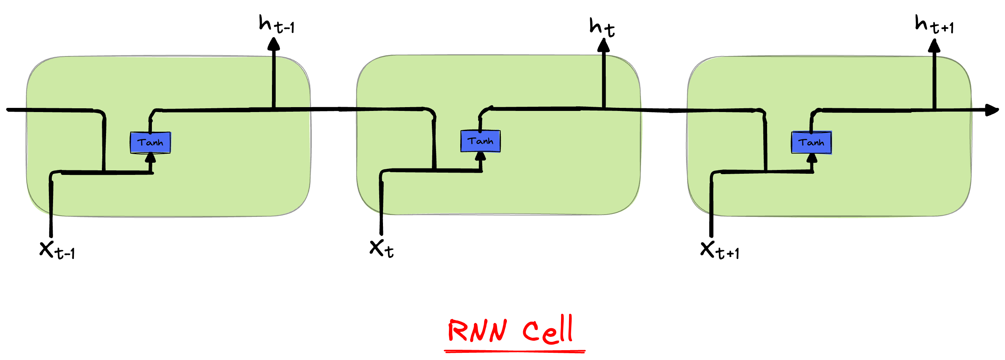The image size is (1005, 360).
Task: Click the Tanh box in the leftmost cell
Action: (150, 142)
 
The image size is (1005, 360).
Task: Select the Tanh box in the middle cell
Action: (480, 141)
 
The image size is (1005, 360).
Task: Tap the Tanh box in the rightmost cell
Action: (811, 142)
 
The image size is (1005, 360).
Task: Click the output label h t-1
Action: (276, 24)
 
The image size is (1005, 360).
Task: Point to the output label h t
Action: (602, 27)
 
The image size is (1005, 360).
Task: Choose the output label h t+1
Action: (934, 25)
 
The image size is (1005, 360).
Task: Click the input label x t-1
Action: (56, 249)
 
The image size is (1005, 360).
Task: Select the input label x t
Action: (381, 248)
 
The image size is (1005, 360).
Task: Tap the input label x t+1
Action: (719, 250)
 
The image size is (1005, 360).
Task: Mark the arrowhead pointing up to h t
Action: (603, 46)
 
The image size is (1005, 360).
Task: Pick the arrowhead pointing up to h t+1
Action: (934, 46)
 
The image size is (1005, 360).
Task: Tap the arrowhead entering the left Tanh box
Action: (150, 157)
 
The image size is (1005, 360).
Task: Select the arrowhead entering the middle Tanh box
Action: (481, 156)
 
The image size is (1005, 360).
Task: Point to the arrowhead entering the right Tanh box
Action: (811, 157)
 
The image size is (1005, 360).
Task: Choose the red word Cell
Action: (548, 330)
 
